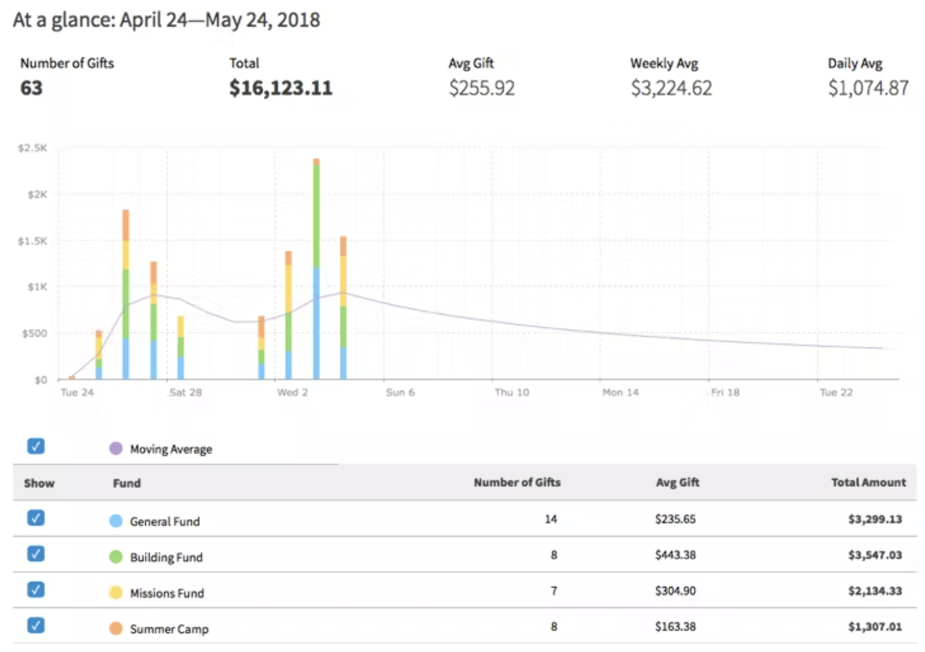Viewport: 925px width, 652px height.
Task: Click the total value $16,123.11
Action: pos(280,88)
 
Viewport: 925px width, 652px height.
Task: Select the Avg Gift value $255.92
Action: pos(481,88)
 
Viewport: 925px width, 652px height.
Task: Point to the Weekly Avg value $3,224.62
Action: pos(671,88)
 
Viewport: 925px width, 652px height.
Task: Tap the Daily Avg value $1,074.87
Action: pos(868,88)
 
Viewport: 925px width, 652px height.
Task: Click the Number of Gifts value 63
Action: pos(31,88)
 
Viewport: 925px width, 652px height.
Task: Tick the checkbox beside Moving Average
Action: pos(36,446)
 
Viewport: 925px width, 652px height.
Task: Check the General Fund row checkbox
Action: pos(36,518)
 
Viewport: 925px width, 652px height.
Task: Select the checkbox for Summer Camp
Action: pos(36,625)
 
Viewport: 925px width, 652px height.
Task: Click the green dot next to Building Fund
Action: pos(116,557)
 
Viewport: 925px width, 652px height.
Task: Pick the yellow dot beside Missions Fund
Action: pos(116,593)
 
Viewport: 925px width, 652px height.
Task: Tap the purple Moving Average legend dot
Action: pos(116,448)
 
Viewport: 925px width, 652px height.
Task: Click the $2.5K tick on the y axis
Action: pos(33,148)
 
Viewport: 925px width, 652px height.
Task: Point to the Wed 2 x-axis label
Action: pos(292,392)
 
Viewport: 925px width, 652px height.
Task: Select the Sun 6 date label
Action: pos(400,392)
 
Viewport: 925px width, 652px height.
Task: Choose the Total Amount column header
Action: pos(868,483)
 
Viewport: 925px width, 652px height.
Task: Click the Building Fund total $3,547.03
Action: pos(874,555)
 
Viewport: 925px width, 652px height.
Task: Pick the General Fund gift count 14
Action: pos(551,519)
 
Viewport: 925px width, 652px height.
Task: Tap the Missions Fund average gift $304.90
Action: pos(675,591)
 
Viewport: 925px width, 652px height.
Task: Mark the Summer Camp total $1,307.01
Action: pos(874,627)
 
